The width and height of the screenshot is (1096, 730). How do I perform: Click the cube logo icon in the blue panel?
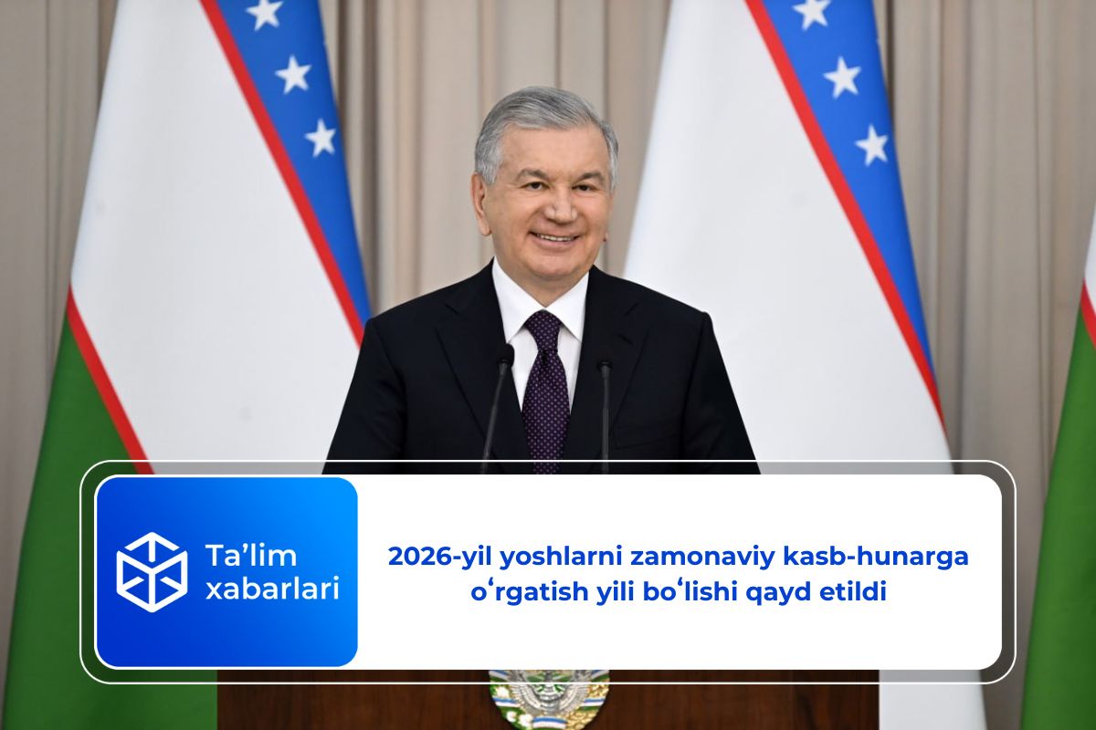[152, 572]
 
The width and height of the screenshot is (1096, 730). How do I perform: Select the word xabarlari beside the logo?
[271, 589]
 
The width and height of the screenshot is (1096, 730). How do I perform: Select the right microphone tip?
[605, 364]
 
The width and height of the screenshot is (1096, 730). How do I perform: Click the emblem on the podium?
[548, 698]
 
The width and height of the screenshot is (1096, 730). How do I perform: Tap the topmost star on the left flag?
[264, 12]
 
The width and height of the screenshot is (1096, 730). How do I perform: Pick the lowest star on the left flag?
[321, 137]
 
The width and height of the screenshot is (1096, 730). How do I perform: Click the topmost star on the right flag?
[811, 12]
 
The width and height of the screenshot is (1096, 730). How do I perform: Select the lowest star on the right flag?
[871, 144]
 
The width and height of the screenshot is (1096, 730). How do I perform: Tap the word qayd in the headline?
[780, 593]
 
